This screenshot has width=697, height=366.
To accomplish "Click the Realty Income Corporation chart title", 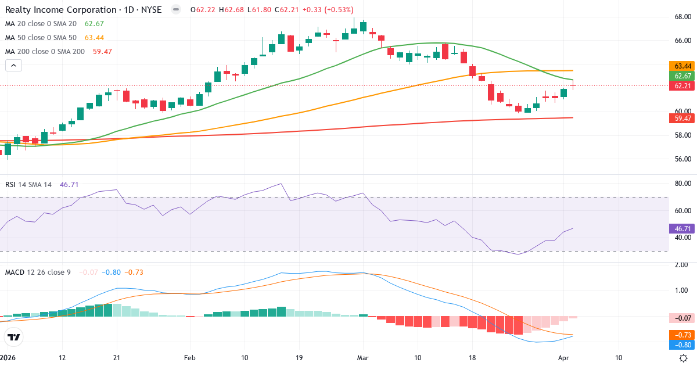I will pyautogui.click(x=84, y=9).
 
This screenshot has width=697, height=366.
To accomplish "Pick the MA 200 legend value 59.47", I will pyautogui.click(x=102, y=51).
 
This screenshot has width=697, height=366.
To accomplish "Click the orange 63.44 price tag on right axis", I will pyautogui.click(x=682, y=66).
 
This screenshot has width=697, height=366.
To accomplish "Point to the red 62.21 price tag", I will pyautogui.click(x=682, y=86).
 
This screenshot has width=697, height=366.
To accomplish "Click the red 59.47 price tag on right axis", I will pyautogui.click(x=682, y=119).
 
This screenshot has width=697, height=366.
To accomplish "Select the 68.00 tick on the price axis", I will pyautogui.click(x=682, y=17).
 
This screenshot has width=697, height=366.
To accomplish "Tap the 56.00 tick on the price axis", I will pyautogui.click(x=682, y=159).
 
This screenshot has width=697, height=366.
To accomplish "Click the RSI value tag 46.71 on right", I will pyautogui.click(x=682, y=229).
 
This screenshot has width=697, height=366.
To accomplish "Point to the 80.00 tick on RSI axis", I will pyautogui.click(x=682, y=184).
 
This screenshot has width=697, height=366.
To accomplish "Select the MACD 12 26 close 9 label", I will pyautogui.click(x=38, y=272).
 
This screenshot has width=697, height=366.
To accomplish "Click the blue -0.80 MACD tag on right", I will pyautogui.click(x=682, y=345).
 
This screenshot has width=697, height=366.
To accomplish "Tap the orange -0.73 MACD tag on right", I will pyautogui.click(x=682, y=335).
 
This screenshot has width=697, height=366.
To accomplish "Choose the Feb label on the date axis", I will pyautogui.click(x=189, y=358).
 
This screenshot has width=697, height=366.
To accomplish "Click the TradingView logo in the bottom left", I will pyautogui.click(x=13, y=337).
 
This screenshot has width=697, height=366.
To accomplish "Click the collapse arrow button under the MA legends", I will pyautogui.click(x=13, y=65).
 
